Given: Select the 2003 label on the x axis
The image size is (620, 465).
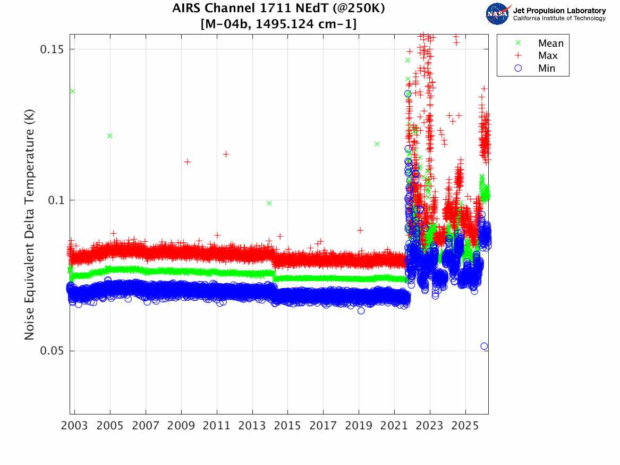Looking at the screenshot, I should (75, 426).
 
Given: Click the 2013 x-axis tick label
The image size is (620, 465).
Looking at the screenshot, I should (252, 426).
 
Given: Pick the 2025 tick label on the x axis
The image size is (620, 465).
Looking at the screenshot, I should (465, 426).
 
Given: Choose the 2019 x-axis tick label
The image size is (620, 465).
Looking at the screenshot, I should (359, 426).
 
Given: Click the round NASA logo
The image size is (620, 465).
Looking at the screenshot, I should (498, 14).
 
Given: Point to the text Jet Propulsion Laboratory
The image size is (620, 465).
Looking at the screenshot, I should (559, 11).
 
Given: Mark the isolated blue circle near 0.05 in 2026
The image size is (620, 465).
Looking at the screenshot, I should (484, 346).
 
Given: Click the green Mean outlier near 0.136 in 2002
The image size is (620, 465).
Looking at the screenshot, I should (72, 91).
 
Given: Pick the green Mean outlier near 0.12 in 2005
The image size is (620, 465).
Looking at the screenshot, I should (109, 136).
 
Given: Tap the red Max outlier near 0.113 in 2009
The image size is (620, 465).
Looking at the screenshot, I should (187, 162).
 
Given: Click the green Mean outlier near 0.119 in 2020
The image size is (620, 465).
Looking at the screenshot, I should (377, 144).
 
